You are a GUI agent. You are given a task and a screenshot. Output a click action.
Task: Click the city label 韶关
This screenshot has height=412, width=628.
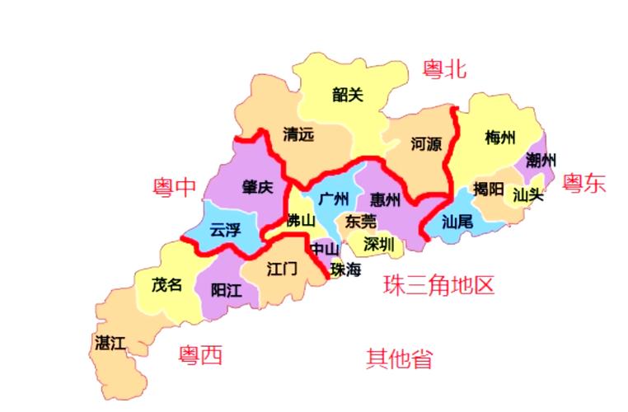point(348,95)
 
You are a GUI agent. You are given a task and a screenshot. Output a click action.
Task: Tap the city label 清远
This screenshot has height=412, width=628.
point(298,133)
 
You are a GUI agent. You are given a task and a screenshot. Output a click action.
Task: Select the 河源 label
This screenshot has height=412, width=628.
point(426,144)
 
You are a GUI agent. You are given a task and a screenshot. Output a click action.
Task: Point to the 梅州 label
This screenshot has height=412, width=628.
point(500,137)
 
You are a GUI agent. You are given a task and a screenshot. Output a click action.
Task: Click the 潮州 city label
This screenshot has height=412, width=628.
point(541,159)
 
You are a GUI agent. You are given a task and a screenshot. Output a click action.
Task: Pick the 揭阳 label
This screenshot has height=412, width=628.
point(489,189)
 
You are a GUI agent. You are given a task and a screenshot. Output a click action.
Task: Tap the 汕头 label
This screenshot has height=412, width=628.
point(528,195)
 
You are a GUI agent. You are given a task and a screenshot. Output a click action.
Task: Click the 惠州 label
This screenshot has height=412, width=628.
point(386,199)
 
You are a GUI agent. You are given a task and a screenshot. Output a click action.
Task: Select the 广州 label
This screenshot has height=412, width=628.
point(334,199)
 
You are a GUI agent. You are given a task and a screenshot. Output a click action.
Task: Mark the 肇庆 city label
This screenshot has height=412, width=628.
point(257,187)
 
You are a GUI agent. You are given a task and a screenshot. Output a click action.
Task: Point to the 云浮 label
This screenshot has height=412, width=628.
point(225,230)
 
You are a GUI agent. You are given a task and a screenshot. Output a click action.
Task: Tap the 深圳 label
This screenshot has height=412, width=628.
point(379,245)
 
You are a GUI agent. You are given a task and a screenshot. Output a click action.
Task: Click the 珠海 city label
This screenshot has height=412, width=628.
point(346,269)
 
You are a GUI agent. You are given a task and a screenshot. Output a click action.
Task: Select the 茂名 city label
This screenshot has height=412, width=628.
point(166,285)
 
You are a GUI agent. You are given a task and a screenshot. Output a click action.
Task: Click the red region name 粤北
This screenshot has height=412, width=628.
point(445,69)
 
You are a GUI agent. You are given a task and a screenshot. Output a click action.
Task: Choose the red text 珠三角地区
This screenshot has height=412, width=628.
point(438,286)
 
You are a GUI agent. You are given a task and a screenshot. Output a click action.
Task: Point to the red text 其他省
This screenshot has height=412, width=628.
point(400,358)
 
